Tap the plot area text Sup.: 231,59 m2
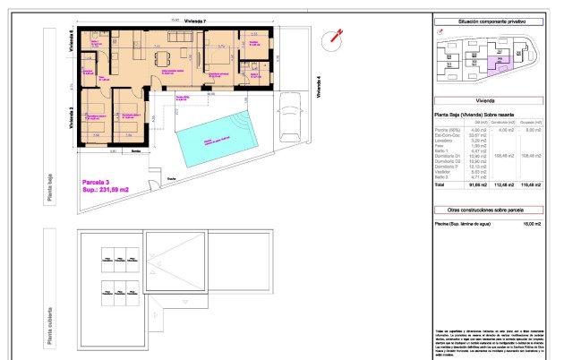pos(106,190)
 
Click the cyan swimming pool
pos(217,141)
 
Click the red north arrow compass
pos(338,36)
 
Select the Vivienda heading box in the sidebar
pos(490,101)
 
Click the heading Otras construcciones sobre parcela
pos(490,209)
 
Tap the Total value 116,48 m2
pos(536,184)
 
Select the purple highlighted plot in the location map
pos(502,62)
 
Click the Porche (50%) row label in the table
pos(448,131)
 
